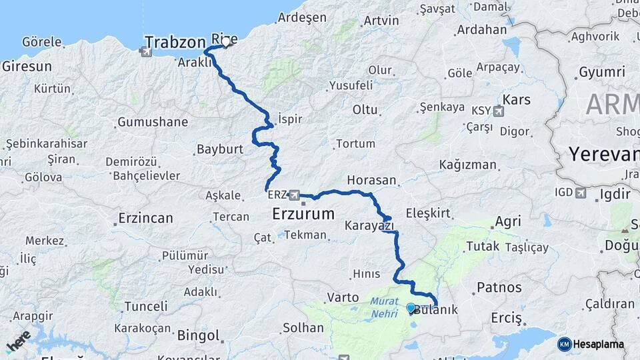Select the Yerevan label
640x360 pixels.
[603, 155]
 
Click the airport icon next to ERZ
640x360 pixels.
[294, 195]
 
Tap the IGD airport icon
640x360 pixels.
[580, 193]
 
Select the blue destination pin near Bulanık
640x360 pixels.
[411, 309]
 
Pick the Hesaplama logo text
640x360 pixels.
[598, 345]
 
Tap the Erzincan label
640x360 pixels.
[145, 218]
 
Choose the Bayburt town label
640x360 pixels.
[220, 149]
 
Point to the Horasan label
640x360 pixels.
[372, 181]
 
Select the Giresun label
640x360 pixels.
[27, 66]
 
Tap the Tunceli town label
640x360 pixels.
[146, 306]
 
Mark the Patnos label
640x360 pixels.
[499, 288]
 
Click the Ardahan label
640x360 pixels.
[481, 30]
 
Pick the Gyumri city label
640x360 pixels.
[602, 72]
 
